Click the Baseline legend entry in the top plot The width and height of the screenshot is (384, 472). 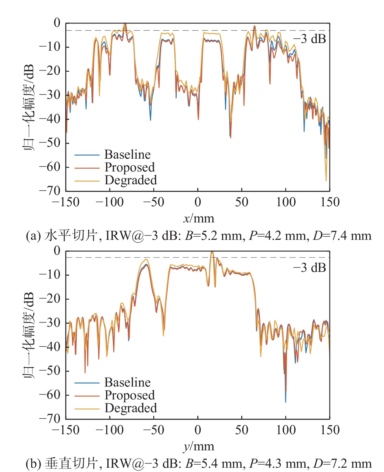[127, 155]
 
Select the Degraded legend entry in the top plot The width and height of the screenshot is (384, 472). [130, 180]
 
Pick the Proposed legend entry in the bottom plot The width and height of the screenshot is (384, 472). [130, 395]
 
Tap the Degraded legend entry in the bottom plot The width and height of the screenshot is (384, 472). [130, 408]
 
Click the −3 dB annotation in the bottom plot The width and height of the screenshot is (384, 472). [309, 268]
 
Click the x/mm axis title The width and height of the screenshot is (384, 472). [199, 219]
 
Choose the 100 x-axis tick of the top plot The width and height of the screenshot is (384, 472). [286, 202]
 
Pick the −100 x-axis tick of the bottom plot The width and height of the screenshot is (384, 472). [110, 430]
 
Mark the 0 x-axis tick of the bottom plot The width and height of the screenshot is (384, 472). [198, 430]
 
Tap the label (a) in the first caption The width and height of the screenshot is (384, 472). [33, 236]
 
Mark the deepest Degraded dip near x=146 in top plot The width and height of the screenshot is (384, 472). [326, 181]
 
